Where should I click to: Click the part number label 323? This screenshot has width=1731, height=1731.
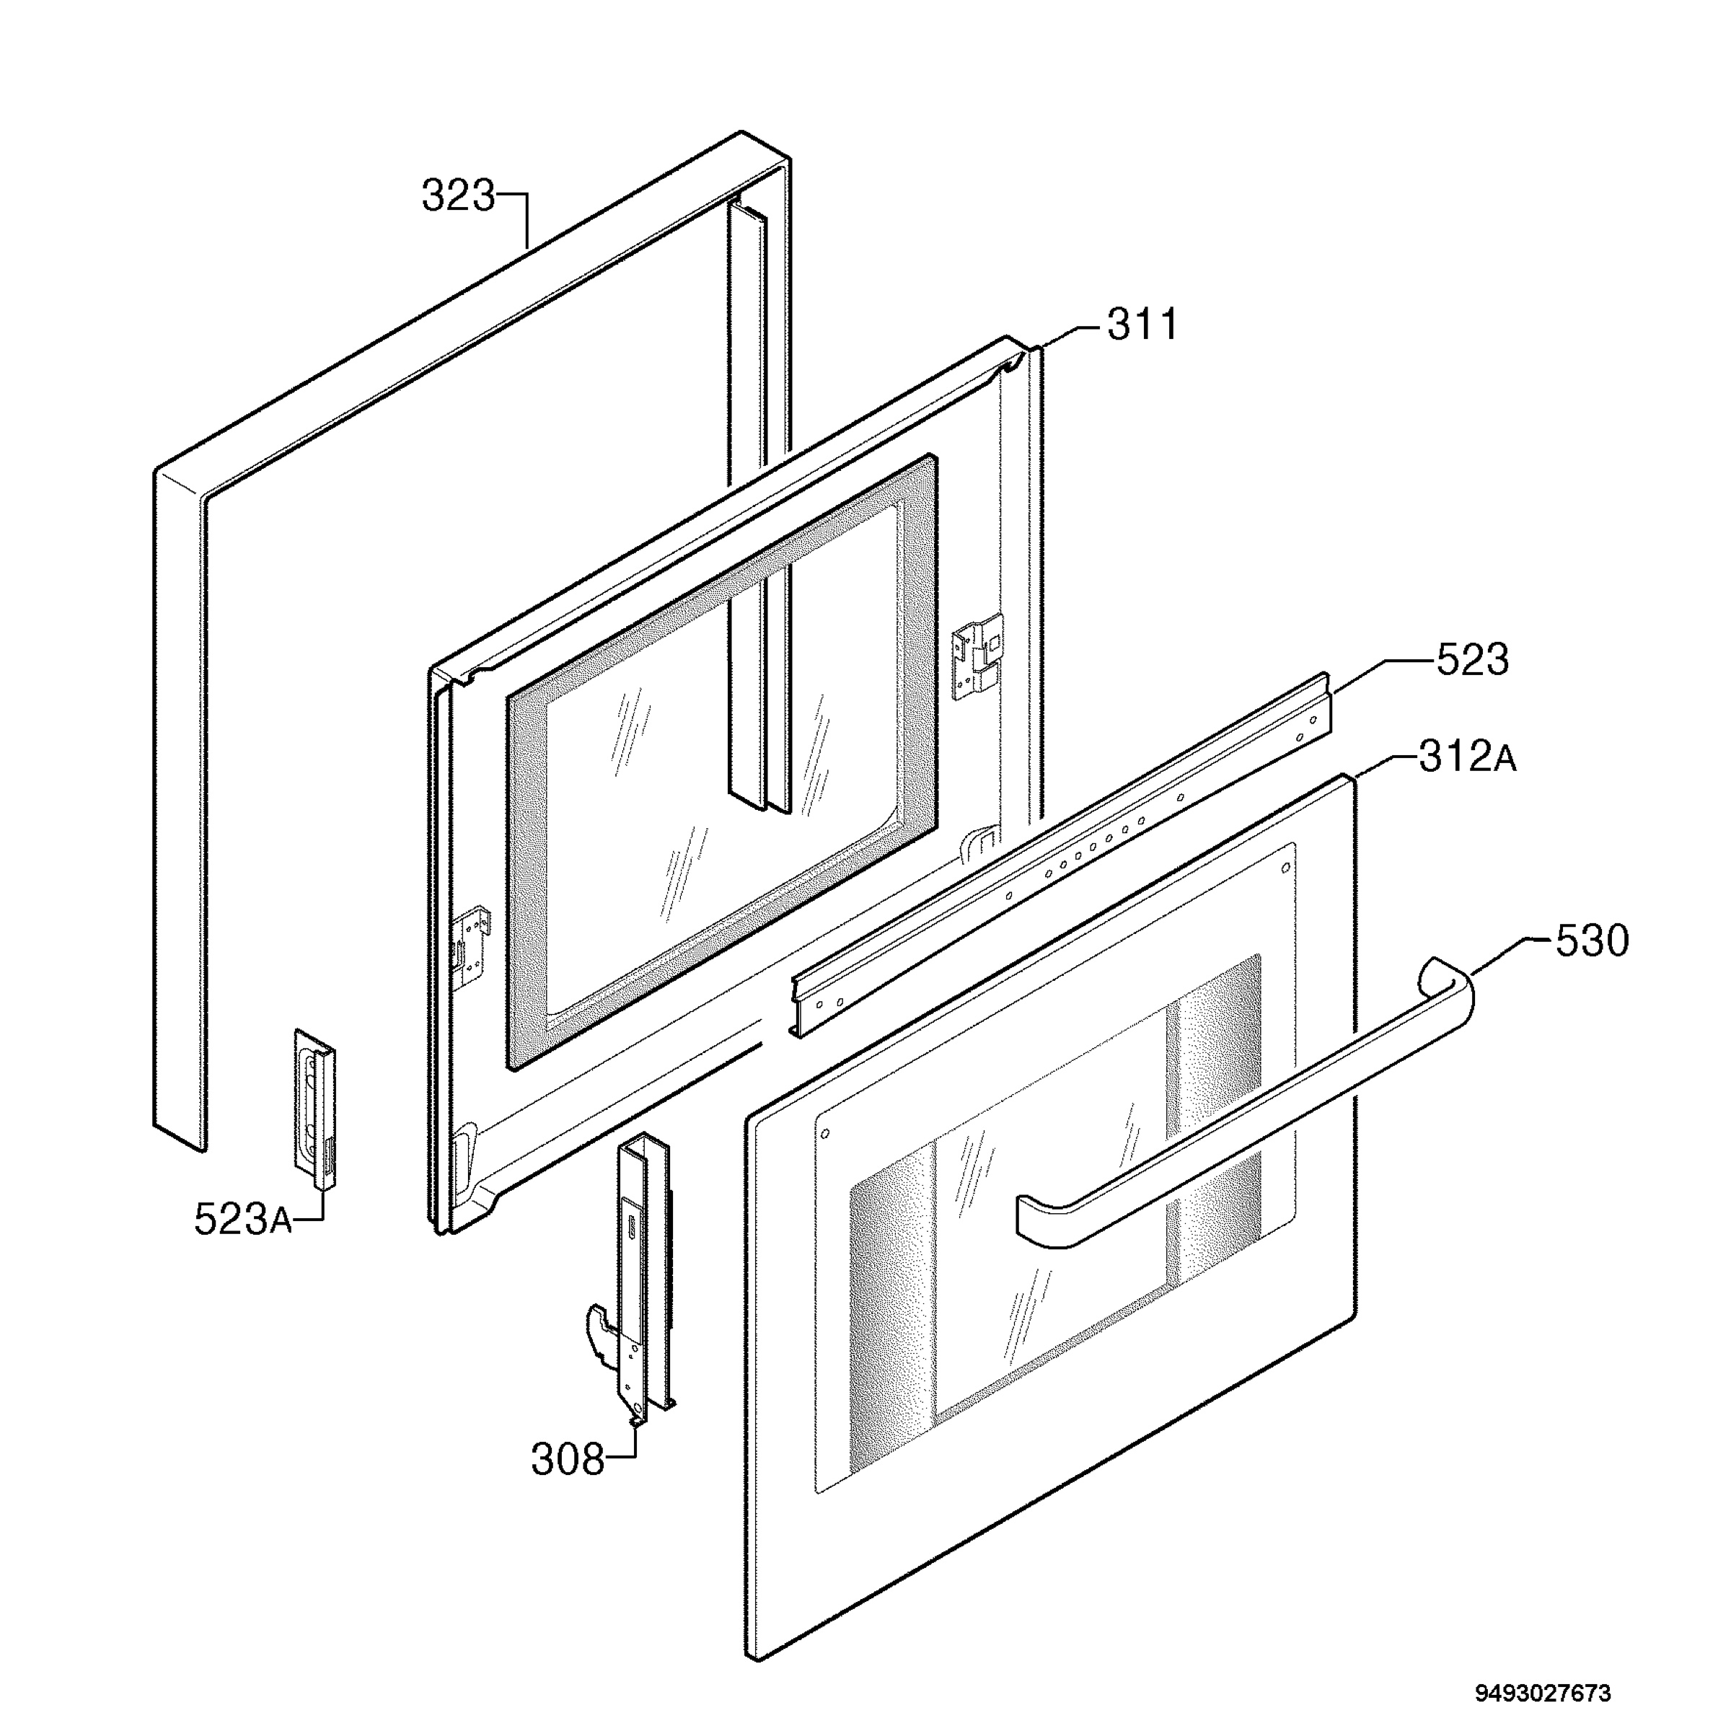[x=458, y=196]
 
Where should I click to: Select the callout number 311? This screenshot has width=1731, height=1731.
[x=1142, y=325]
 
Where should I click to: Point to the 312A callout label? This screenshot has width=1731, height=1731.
[x=1468, y=757]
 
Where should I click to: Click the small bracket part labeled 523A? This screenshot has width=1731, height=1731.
[x=314, y=1109]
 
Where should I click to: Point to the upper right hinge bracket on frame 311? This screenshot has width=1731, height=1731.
[x=977, y=657]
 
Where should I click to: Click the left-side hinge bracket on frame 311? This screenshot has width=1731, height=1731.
[x=473, y=948]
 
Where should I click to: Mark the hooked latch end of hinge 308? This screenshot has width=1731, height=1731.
[x=600, y=1328]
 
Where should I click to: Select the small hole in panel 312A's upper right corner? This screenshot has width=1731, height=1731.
[x=1287, y=868]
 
